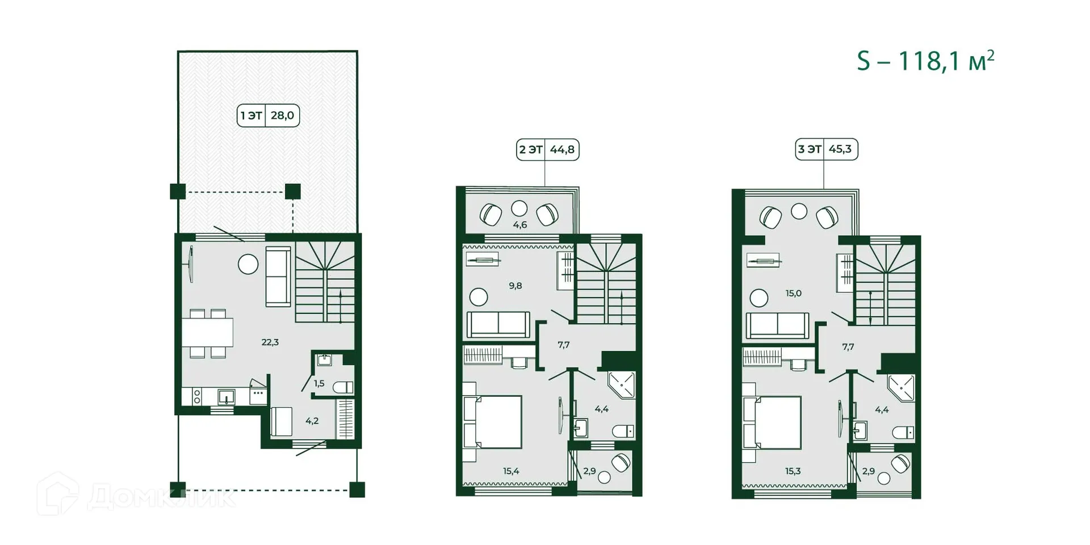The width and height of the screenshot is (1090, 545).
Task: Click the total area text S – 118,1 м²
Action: click(x=925, y=61)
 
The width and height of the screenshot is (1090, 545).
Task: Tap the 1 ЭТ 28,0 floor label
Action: click(x=268, y=116)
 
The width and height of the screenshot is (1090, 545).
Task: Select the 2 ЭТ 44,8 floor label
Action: click(x=547, y=150)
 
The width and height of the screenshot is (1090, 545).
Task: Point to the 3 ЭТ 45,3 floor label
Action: click(x=826, y=149)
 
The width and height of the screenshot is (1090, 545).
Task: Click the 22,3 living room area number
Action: click(x=270, y=342)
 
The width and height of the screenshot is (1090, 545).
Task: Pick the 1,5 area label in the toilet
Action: click(x=319, y=384)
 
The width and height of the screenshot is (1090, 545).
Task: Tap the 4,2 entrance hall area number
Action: click(x=312, y=421)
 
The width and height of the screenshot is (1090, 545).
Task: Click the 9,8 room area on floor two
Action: click(x=515, y=286)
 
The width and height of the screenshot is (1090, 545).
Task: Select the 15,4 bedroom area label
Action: click(x=511, y=471)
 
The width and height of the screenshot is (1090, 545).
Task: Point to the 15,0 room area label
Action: click(x=794, y=294)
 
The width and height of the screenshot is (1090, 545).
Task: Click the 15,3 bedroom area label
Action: click(x=793, y=471)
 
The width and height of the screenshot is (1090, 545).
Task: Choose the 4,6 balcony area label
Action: click(x=520, y=225)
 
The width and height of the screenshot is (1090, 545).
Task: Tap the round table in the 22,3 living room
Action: click(x=248, y=264)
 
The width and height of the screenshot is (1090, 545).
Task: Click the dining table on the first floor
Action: click(x=207, y=333)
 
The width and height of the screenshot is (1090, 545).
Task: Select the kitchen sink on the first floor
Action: click(x=226, y=396)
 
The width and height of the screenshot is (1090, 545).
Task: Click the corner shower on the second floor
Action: click(x=622, y=384)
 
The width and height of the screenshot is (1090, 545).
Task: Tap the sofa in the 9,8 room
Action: click(x=498, y=324)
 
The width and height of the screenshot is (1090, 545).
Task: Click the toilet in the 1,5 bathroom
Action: click(x=343, y=388)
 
